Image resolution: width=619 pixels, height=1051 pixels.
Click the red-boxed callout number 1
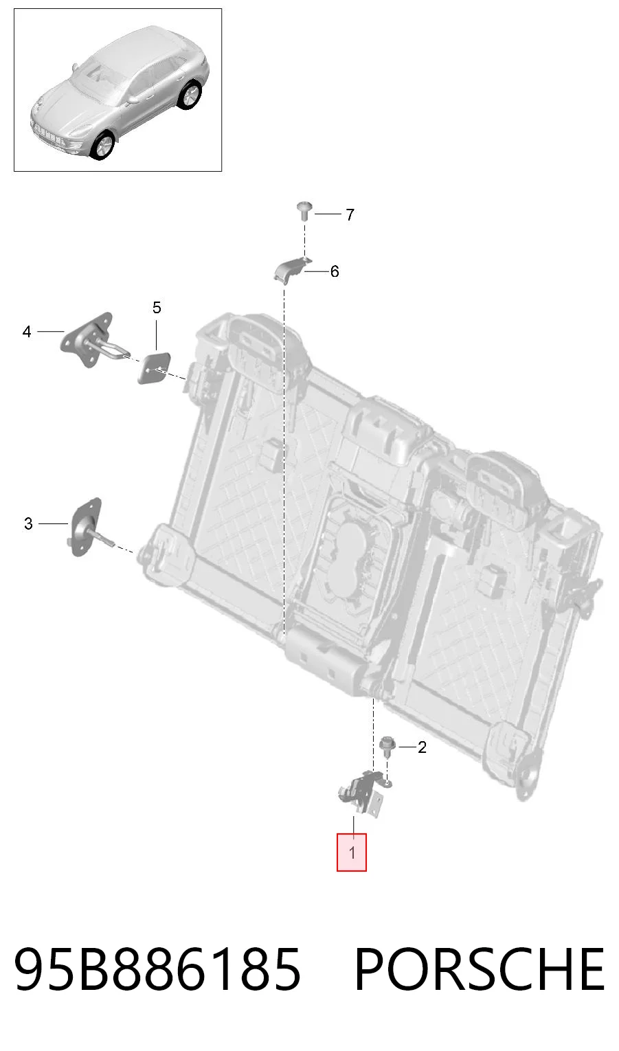click(x=352, y=852)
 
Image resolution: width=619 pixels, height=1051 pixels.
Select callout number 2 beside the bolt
click(x=422, y=747)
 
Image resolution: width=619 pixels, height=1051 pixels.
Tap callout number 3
click(x=28, y=523)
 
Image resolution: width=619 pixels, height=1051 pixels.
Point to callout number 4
click(x=27, y=332)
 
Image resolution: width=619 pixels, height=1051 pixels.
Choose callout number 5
click(x=157, y=308)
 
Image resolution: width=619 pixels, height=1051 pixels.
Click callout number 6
click(x=335, y=271)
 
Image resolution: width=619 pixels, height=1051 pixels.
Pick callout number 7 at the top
click(x=350, y=214)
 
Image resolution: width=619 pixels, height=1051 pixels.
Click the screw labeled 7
click(x=304, y=210)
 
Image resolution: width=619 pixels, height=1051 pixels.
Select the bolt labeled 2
click(x=387, y=745)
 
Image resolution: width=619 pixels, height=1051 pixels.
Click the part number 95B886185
click(x=157, y=969)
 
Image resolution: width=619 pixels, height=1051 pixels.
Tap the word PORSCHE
click(x=480, y=969)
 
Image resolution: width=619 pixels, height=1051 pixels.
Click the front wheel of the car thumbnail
click(x=102, y=146)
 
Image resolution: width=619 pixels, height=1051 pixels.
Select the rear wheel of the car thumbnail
click(x=190, y=95)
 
